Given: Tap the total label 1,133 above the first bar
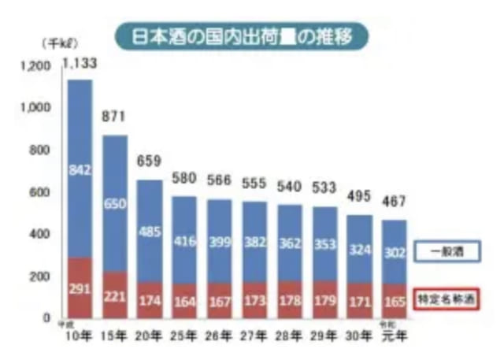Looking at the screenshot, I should [x=80, y=66].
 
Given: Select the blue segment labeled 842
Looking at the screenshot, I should [x=80, y=169].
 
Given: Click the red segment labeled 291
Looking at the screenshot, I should [x=80, y=289].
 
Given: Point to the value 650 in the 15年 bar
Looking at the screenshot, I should [x=115, y=205].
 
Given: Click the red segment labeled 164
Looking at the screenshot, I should [x=184, y=300].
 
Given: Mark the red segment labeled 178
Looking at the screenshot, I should [x=288, y=299].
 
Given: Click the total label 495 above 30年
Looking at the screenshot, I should [x=358, y=198].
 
